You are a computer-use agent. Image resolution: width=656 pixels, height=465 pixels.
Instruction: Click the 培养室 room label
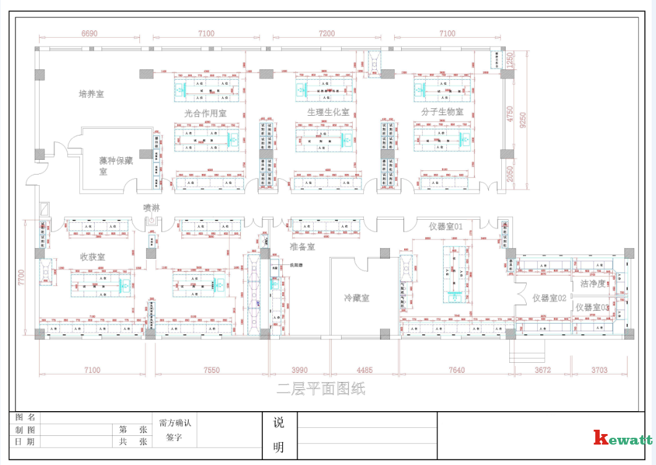pos(91,94)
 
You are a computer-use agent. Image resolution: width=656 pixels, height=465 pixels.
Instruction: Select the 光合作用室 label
pos(205,113)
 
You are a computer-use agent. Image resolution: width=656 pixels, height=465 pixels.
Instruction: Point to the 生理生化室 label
pos(328,112)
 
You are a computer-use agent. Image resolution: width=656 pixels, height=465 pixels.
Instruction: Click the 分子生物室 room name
pos(442,112)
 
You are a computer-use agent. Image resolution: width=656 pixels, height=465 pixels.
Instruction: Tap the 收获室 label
pos(92,256)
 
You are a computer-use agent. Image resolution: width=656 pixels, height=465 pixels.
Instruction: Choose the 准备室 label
pos(302,246)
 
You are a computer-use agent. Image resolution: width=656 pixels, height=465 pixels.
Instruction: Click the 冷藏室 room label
pos(356,298)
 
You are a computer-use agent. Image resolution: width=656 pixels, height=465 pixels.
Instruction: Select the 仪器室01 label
pos(446,227)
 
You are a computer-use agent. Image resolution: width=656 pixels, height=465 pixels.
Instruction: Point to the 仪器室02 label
pos(550,298)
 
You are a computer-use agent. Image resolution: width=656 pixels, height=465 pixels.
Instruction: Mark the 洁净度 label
pos(593,284)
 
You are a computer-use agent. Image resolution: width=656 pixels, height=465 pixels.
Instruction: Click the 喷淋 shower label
pos(152,208)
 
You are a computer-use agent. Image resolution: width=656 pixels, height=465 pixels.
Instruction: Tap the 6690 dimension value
pos(89,34)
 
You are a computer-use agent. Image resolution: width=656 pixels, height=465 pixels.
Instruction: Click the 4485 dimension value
pos(365,370)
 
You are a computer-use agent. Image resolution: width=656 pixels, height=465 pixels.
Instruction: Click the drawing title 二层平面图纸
pos(321,389)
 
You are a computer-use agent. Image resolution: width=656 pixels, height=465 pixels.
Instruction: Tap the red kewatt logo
pos(622,439)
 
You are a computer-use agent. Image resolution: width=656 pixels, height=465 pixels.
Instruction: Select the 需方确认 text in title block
pos(175,424)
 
